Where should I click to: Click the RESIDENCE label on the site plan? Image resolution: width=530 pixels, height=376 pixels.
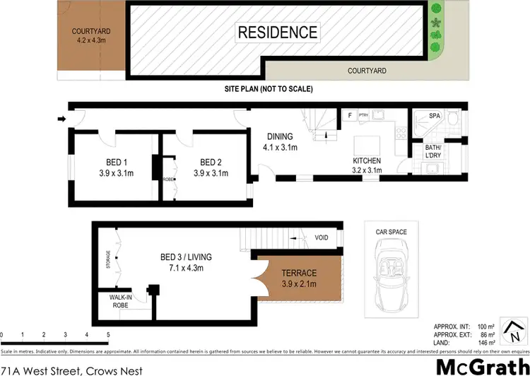[277, 33]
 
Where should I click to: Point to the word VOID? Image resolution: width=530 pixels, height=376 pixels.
[321, 238]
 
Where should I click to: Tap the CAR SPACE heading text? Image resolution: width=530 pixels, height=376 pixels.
[390, 232]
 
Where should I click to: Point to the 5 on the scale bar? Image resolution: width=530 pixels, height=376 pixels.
[107, 334]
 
